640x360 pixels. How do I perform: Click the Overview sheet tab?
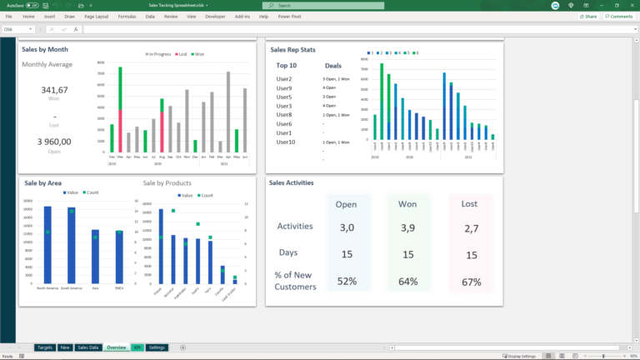tap(116, 347)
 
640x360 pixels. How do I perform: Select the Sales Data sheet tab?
tap(88, 347)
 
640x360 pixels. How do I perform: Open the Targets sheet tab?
tap(45, 347)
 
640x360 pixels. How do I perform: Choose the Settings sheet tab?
tap(157, 347)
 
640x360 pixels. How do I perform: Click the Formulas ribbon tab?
tap(127, 16)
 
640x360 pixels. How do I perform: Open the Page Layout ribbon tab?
tap(97, 16)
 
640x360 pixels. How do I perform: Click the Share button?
tap(588, 16)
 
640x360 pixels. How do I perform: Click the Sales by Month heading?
tap(45, 49)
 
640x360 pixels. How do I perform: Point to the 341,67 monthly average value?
tap(54, 90)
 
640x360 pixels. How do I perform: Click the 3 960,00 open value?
tap(54, 142)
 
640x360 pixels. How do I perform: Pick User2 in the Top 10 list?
tap(284, 79)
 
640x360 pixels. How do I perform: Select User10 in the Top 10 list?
tap(286, 142)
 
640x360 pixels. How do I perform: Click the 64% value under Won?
tap(408, 282)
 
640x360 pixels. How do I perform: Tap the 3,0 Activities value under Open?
tap(347, 227)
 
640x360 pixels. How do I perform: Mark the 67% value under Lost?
tap(471, 282)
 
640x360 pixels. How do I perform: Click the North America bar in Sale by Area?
tap(47, 246)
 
